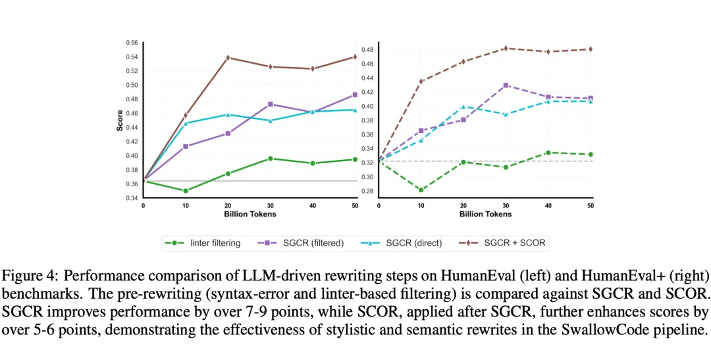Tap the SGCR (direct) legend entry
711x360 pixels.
(x=413, y=243)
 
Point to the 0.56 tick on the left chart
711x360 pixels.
(x=132, y=43)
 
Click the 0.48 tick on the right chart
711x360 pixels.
(x=368, y=50)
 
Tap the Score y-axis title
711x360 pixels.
(x=120, y=120)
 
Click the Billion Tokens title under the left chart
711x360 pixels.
(x=248, y=215)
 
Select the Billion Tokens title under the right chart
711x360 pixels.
(x=484, y=215)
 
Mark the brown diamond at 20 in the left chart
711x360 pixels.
(x=228, y=58)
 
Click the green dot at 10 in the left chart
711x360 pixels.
(x=186, y=191)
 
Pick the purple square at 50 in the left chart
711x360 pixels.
(x=355, y=95)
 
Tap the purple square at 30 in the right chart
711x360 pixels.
(x=506, y=86)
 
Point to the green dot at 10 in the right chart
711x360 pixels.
(x=421, y=190)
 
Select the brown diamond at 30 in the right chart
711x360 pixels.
(x=506, y=48)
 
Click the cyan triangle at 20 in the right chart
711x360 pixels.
(x=463, y=107)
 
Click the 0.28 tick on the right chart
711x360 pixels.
(x=368, y=191)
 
